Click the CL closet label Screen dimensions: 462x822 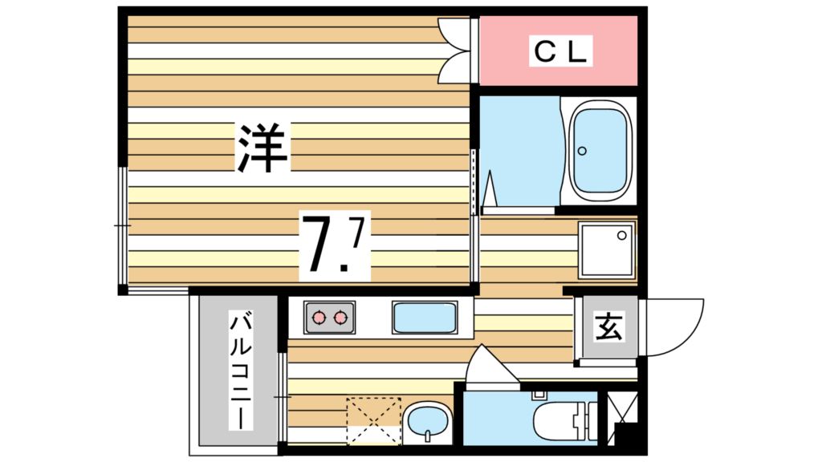tap(562, 52)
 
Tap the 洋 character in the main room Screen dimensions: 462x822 tap(262, 148)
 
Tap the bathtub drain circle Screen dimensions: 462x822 tap(584, 150)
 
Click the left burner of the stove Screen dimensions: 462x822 tap(319, 318)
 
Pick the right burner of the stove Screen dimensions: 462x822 tap(342, 318)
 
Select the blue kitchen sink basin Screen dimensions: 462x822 tap(424, 318)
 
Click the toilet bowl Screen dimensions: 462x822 tap(558, 421)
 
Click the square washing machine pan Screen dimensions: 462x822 tap(607, 249)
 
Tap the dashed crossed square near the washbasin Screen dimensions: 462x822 tap(372, 419)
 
